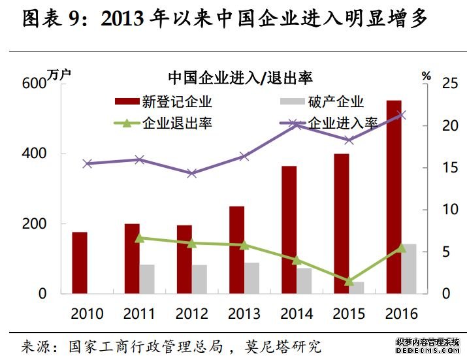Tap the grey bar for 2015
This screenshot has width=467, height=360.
pos(356,287)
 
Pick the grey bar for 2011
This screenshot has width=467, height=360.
pos(147,279)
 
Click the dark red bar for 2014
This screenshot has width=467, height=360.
pos(289,229)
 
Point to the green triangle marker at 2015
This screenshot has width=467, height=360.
pos(349,281)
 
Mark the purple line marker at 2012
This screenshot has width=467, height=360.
pos(191,173)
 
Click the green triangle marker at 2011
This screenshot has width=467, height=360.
pos(139,238)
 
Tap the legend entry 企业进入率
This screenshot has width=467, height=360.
pos(342,123)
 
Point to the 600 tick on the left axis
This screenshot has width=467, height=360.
pos(34,84)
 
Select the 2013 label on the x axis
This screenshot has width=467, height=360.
pos(244,314)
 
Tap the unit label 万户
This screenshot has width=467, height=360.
pos(58,73)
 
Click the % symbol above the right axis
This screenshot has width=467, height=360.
pos(427,75)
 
